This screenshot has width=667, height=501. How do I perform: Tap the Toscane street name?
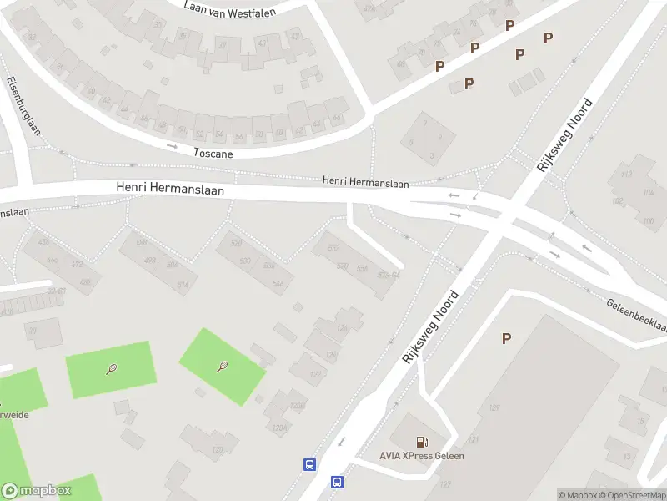coord(213,153)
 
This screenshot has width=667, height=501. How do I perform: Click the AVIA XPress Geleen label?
coord(423,456)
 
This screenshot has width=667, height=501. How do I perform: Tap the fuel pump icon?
coord(423,441)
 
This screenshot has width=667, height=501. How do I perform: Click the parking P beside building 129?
coord(506,338)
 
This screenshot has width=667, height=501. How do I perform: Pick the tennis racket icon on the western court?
coord(112,369)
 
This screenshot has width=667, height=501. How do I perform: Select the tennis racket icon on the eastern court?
coord(223,366)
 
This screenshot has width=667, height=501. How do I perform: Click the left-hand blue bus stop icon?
coord(308,464)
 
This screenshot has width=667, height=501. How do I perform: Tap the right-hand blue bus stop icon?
coord(337,482)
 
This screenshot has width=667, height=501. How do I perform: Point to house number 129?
coord(494,407)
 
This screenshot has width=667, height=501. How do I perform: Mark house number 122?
coord(315,375)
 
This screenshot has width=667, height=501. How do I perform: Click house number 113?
coord(624,177)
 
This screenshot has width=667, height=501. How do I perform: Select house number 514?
coord(183,284)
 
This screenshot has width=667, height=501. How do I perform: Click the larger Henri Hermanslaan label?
coord(170,190)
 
